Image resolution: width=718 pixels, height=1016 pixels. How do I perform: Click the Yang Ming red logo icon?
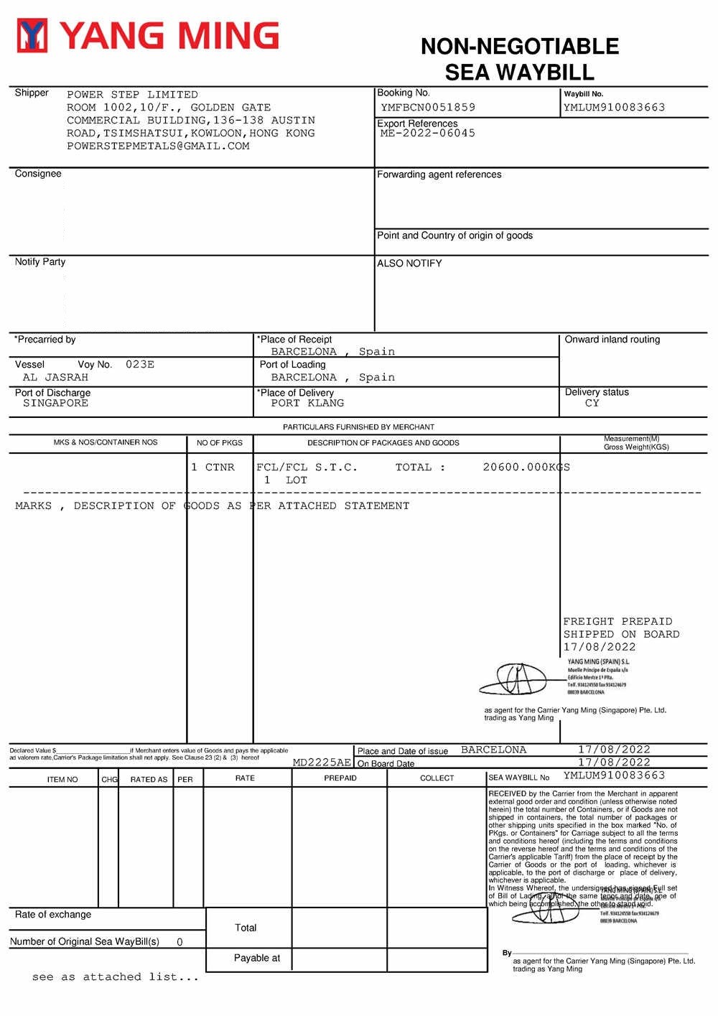[x=32, y=36]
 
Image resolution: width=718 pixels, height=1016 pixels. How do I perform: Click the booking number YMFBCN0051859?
[x=428, y=108]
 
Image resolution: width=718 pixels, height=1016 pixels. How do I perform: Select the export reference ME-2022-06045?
[x=427, y=134]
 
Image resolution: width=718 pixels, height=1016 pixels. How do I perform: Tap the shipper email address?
[x=158, y=146]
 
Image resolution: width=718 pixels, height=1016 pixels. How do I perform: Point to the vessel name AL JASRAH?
[x=55, y=378]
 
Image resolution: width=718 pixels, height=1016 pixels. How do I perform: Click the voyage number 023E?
[x=140, y=365]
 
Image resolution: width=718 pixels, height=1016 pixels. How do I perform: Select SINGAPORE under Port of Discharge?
[x=55, y=404]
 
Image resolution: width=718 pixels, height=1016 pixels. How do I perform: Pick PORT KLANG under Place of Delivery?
[x=307, y=404]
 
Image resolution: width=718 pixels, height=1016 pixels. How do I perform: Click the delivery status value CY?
[x=592, y=404]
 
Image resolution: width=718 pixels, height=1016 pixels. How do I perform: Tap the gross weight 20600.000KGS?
[x=526, y=467]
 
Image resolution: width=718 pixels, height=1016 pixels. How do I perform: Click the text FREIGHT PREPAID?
[x=617, y=622]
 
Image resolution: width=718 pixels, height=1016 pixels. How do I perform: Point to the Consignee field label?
[x=38, y=174]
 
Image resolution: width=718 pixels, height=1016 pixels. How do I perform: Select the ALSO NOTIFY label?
[x=409, y=264]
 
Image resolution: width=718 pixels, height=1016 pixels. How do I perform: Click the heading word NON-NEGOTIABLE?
[x=519, y=47]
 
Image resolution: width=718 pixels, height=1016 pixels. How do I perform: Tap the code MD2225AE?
[x=322, y=763]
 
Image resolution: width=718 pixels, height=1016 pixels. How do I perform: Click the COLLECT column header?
[x=437, y=778]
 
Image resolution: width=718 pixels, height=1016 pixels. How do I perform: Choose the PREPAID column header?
[x=340, y=778]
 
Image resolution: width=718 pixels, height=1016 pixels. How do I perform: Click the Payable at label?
[x=256, y=959]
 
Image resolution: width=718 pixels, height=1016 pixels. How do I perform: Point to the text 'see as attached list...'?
[x=115, y=977]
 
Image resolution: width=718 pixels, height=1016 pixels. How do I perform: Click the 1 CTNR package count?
[x=213, y=467]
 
